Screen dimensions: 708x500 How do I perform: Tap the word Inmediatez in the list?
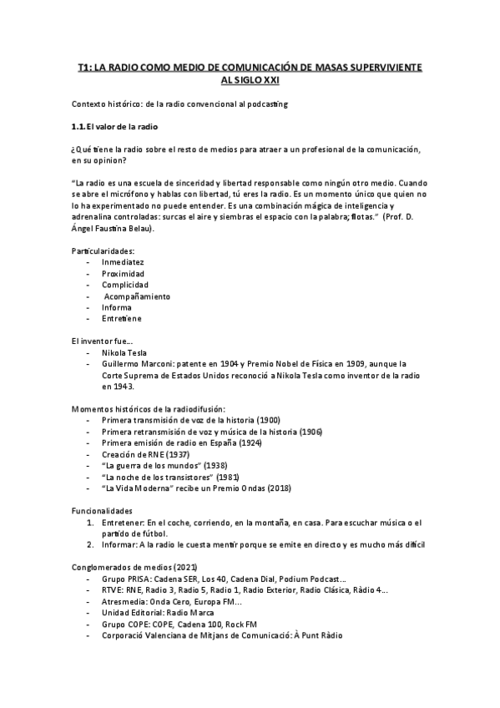(123, 262)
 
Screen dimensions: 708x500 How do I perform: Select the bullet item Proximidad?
(123, 273)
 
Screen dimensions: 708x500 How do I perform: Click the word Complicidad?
(124, 285)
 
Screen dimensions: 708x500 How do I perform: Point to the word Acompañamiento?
(137, 296)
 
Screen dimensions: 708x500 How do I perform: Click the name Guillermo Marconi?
(137, 363)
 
